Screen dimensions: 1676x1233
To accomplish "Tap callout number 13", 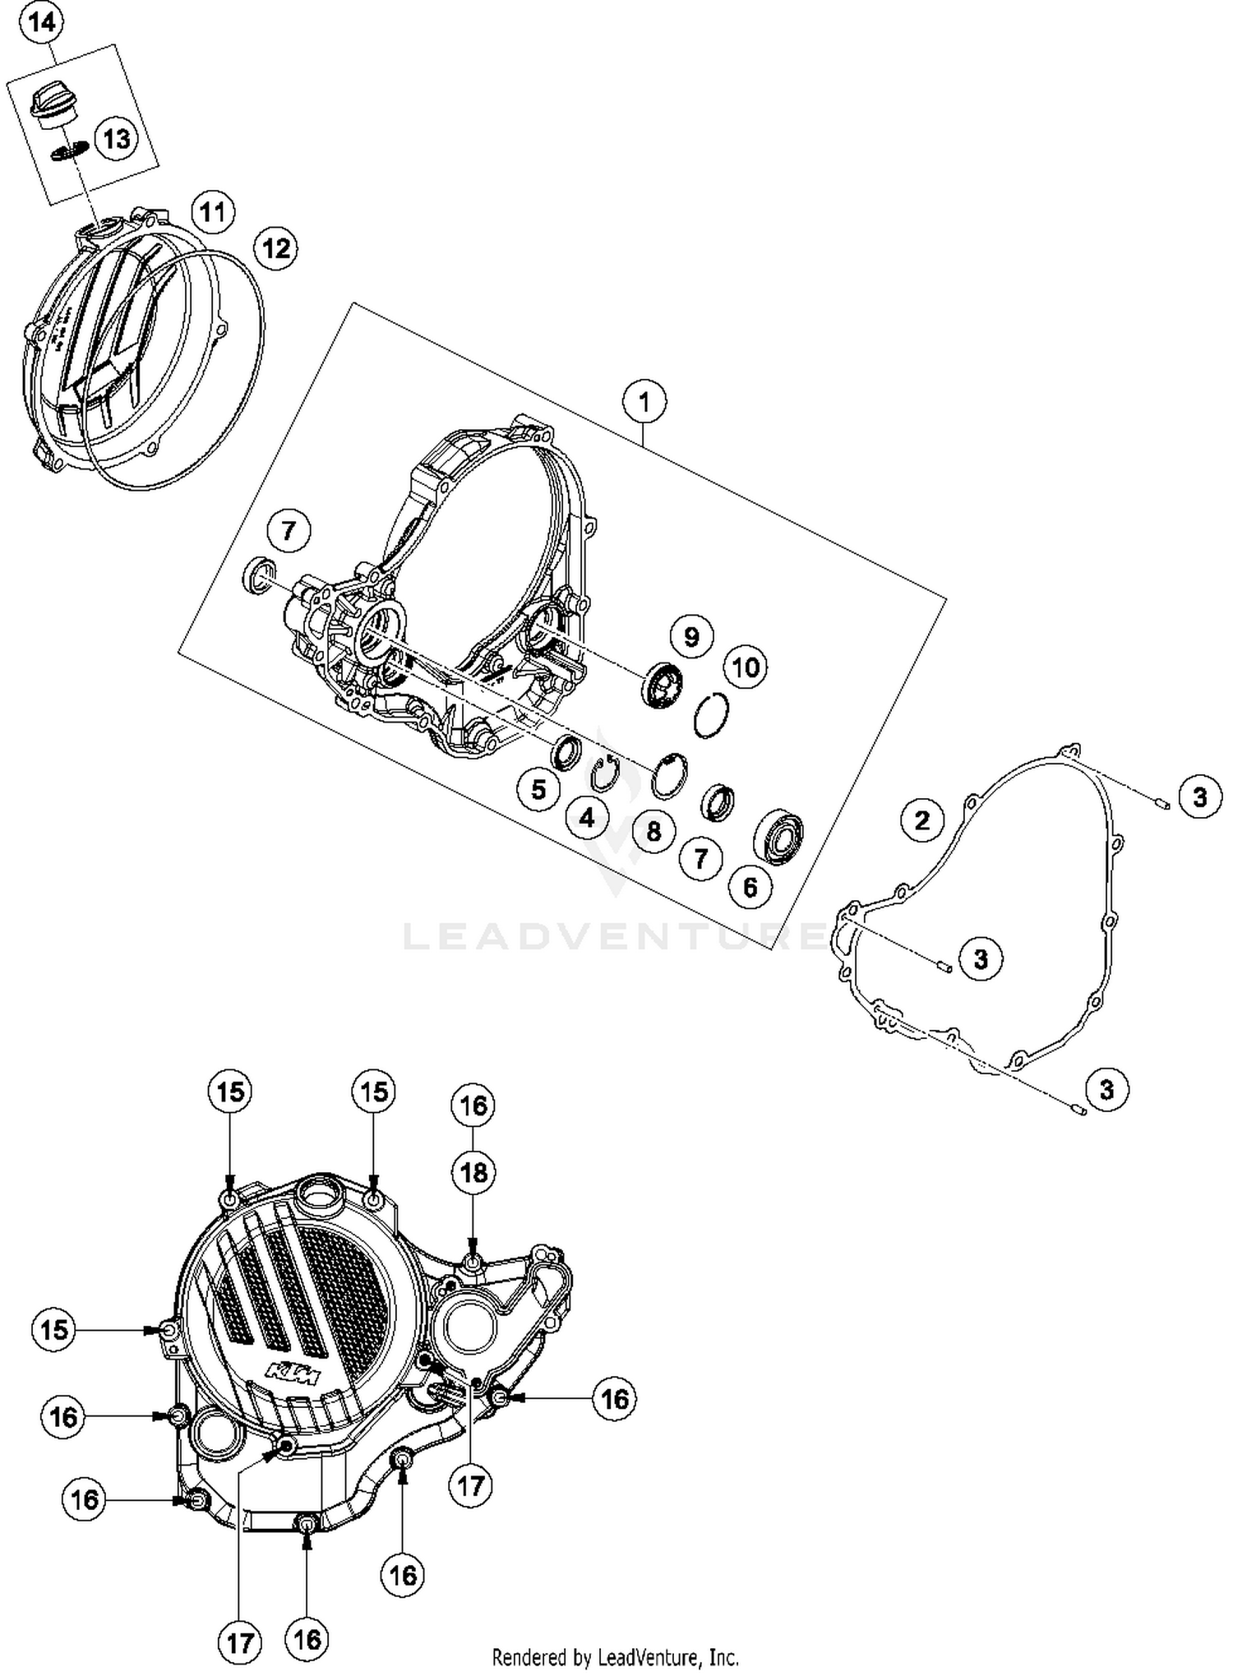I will [117, 139].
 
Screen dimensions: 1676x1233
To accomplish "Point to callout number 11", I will [213, 213].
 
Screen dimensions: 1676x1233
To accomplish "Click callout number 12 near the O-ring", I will [275, 247].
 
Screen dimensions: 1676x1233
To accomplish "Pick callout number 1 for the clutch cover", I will [644, 402].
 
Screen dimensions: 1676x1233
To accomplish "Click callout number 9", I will [691, 636].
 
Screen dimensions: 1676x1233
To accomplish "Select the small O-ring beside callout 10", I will [711, 714].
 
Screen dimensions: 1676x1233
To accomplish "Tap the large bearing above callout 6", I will [778, 837].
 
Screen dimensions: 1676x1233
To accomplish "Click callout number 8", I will [653, 830].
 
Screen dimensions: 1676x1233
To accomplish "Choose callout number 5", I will [538, 790].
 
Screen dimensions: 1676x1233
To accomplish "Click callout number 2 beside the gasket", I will [921, 820].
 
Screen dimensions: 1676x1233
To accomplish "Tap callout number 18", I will [473, 1173].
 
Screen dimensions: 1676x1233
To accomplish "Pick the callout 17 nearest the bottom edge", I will [240, 1643].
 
